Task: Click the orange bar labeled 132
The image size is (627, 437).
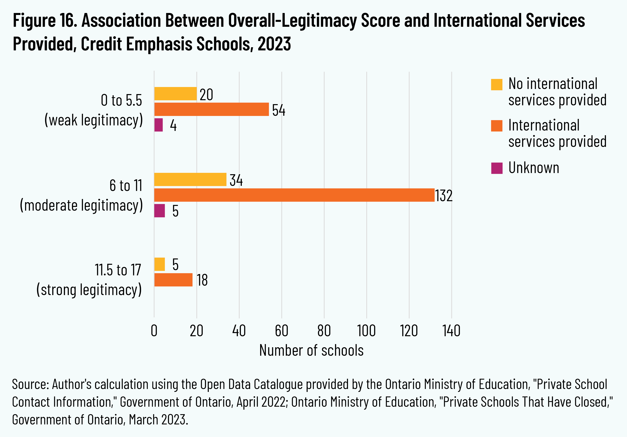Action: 294,195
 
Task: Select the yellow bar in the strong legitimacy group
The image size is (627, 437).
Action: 160,264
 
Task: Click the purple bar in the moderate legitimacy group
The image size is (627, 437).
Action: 160,211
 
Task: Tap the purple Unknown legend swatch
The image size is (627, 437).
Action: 496,168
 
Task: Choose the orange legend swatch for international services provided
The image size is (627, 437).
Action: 496,126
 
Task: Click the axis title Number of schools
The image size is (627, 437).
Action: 311,350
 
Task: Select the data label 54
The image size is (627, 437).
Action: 278,110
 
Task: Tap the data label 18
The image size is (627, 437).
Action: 202,280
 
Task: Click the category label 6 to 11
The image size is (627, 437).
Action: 126,186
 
